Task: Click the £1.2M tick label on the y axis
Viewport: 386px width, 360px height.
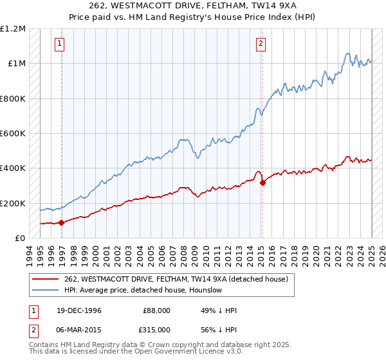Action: (x=13, y=29)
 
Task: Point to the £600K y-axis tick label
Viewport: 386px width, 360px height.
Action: (x=13, y=134)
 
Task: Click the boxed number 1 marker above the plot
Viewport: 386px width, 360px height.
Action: (x=59, y=44)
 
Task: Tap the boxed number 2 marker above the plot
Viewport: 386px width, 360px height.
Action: (x=261, y=44)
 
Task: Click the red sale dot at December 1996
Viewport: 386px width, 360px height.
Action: (x=62, y=223)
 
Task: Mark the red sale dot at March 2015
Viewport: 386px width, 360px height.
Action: (x=262, y=183)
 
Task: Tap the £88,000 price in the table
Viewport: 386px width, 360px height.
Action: (x=156, y=310)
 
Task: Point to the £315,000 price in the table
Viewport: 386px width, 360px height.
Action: (x=156, y=330)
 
